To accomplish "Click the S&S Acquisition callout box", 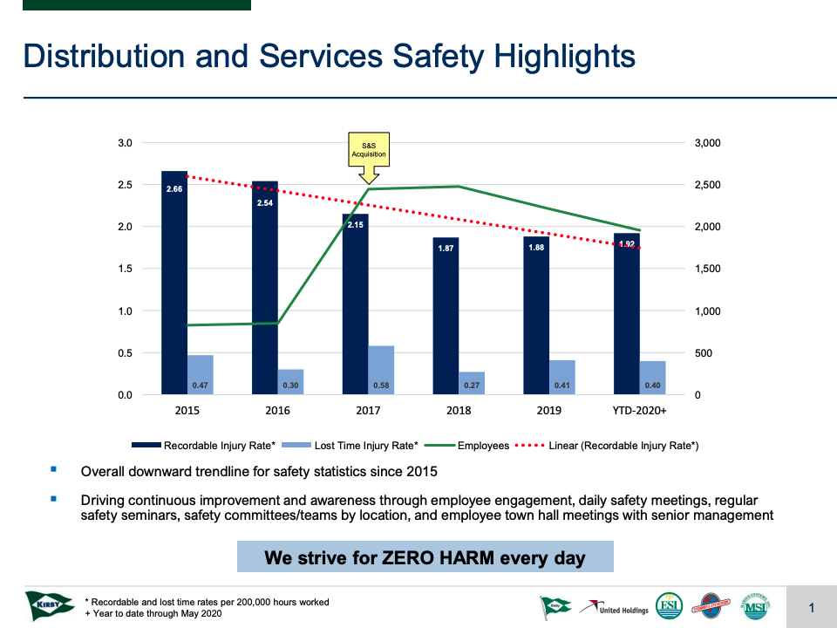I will (368, 149).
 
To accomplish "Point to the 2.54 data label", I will (264, 202).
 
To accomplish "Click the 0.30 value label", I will (291, 385).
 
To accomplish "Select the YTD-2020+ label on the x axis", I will (640, 411).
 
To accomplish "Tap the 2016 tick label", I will (278, 411).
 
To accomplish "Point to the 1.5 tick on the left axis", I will (125, 269).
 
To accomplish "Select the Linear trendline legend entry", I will (611, 446).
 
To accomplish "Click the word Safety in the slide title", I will (435, 57).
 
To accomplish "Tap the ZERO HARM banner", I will (425, 557).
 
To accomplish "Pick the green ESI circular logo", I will (669, 606).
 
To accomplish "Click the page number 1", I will (812, 608).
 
